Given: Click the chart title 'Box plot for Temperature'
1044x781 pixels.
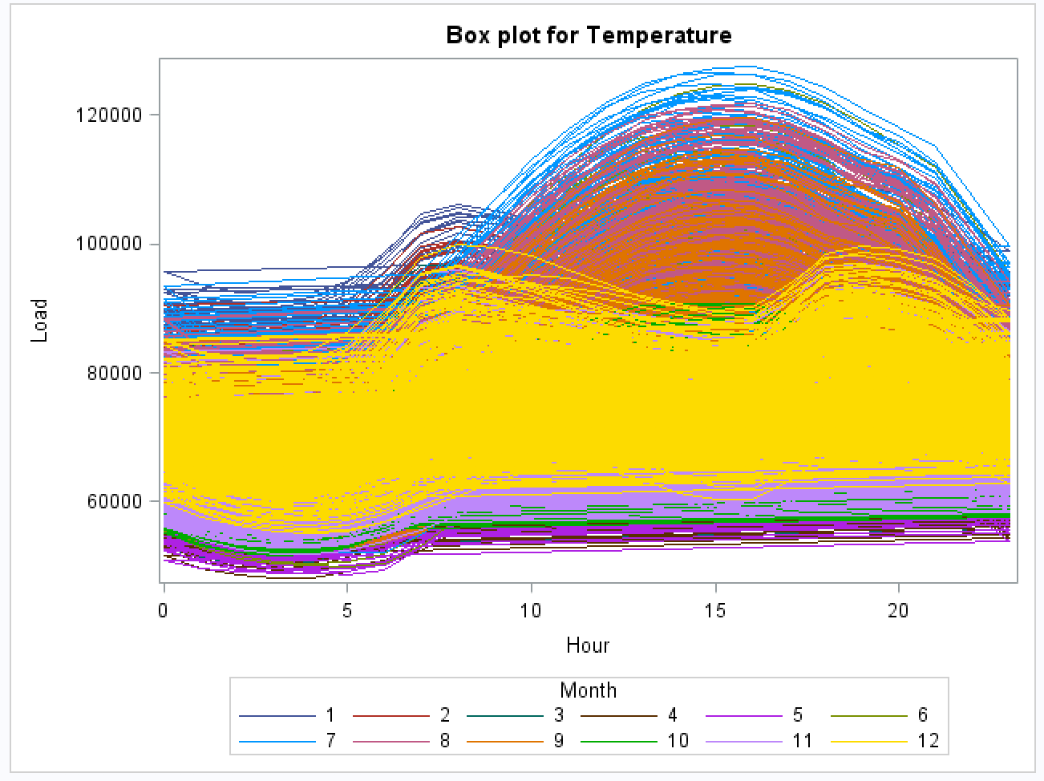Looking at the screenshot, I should point(588,36).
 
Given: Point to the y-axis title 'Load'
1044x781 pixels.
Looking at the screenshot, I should point(40,321).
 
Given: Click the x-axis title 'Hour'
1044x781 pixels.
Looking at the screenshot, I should point(588,645).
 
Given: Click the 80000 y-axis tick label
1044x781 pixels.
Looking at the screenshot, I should point(113,373).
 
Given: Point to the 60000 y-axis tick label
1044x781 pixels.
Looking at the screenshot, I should point(113,501).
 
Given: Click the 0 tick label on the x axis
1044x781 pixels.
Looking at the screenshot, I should point(164,611).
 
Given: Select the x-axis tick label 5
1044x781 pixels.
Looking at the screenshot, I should point(347,611).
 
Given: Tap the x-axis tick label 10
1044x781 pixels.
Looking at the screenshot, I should point(531,611).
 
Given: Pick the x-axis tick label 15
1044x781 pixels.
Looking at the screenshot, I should point(714,611).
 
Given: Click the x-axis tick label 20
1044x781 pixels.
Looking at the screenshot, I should point(898,611).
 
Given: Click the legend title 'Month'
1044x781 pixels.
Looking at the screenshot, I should point(589,690).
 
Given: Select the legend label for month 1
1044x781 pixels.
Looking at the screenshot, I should point(330,715).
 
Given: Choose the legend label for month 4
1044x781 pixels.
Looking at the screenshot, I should point(672,715).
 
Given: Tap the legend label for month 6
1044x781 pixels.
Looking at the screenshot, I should point(922,715).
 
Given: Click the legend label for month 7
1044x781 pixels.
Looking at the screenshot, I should point(330,741).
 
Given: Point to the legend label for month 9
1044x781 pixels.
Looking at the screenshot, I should point(559,741).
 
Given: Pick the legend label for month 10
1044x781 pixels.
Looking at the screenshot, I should point(678,741).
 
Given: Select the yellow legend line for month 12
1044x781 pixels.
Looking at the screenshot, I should point(868,742).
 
